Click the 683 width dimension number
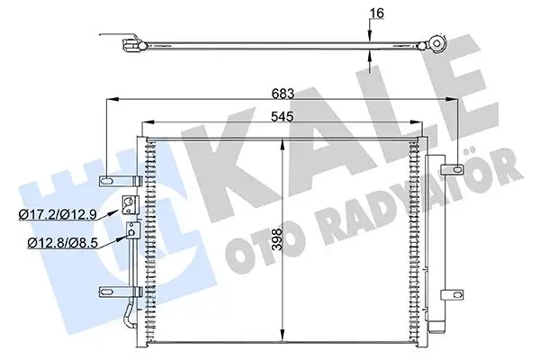coord(285,92)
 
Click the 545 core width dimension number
coord(285,115)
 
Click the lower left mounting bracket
coord(110,291)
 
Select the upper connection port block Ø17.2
coord(129,203)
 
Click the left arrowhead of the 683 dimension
coord(112,100)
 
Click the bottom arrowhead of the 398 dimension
coord(285,332)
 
